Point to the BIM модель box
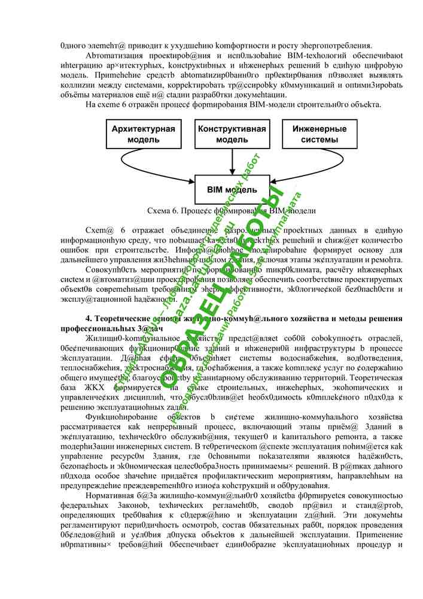coord(232,190)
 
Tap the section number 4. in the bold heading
coord(90,318)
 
